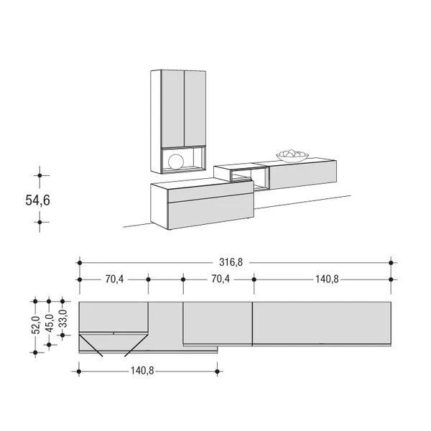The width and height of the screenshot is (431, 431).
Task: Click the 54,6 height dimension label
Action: click(37, 200)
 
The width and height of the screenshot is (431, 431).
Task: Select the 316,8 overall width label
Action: click(231, 262)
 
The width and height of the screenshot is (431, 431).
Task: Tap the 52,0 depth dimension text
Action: click(36, 325)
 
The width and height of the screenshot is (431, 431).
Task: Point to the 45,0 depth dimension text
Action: click(49, 323)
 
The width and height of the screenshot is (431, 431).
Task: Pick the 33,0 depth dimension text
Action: click(63, 318)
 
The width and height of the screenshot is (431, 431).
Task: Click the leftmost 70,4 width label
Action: click(114, 279)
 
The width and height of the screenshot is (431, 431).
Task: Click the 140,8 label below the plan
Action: click(142, 371)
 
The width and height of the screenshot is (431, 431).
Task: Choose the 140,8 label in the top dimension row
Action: click(327, 279)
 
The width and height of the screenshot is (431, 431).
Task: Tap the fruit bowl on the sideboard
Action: click(292, 156)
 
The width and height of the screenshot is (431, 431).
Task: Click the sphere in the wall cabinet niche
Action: click(176, 162)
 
